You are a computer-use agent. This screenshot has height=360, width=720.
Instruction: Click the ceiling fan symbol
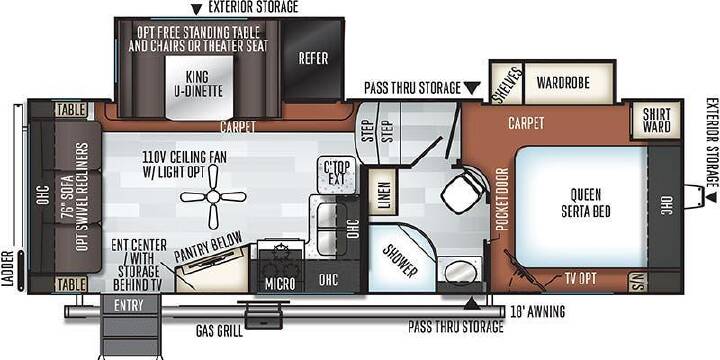point(213,197)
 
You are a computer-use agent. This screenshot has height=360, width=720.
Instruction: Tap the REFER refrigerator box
point(313,59)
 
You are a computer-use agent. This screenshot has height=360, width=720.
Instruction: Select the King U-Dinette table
point(199,88)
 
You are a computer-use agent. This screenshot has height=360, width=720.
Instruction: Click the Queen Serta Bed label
point(585,202)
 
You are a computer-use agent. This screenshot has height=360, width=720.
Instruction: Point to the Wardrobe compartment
point(569,83)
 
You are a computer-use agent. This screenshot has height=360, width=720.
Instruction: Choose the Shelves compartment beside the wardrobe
point(507,84)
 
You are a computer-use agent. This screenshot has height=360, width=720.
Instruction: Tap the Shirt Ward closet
point(656,120)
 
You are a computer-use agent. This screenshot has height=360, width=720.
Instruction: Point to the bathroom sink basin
point(460,272)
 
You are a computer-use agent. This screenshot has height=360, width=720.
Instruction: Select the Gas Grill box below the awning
point(263,316)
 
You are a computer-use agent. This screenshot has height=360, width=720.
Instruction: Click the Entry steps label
point(129,305)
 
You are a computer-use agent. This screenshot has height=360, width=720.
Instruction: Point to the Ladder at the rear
point(19,197)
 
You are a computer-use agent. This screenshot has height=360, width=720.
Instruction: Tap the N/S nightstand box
point(638,282)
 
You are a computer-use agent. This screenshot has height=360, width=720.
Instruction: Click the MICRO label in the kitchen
point(280,284)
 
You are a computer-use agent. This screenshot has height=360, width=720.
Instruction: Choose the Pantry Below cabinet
point(212,269)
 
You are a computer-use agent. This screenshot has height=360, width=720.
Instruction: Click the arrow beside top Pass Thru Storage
point(472,88)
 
